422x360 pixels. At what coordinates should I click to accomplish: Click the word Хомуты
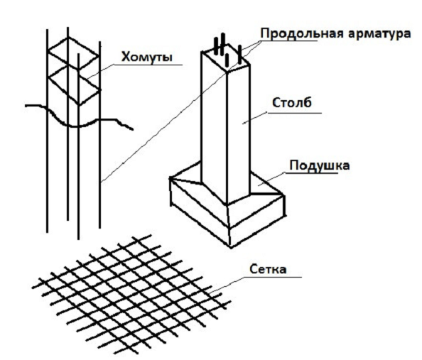click(146, 57)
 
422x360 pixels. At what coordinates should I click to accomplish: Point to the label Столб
click(292, 103)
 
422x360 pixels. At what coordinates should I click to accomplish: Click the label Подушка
click(320, 165)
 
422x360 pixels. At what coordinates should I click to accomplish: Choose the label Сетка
click(268, 269)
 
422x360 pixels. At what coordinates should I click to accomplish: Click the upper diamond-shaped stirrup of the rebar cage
click(73, 53)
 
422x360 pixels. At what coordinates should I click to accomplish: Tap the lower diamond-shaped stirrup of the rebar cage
click(73, 84)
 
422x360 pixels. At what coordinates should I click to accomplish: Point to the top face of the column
click(225, 59)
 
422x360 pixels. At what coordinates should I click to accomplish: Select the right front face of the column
click(239, 133)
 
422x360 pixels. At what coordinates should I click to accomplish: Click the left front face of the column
click(214, 126)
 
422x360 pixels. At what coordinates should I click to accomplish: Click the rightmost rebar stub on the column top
click(239, 55)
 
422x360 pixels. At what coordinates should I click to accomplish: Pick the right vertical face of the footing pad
click(257, 221)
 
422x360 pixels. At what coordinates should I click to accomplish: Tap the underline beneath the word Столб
click(294, 113)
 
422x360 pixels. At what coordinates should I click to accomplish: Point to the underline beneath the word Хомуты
click(148, 65)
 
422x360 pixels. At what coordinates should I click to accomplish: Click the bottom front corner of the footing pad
click(230, 246)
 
